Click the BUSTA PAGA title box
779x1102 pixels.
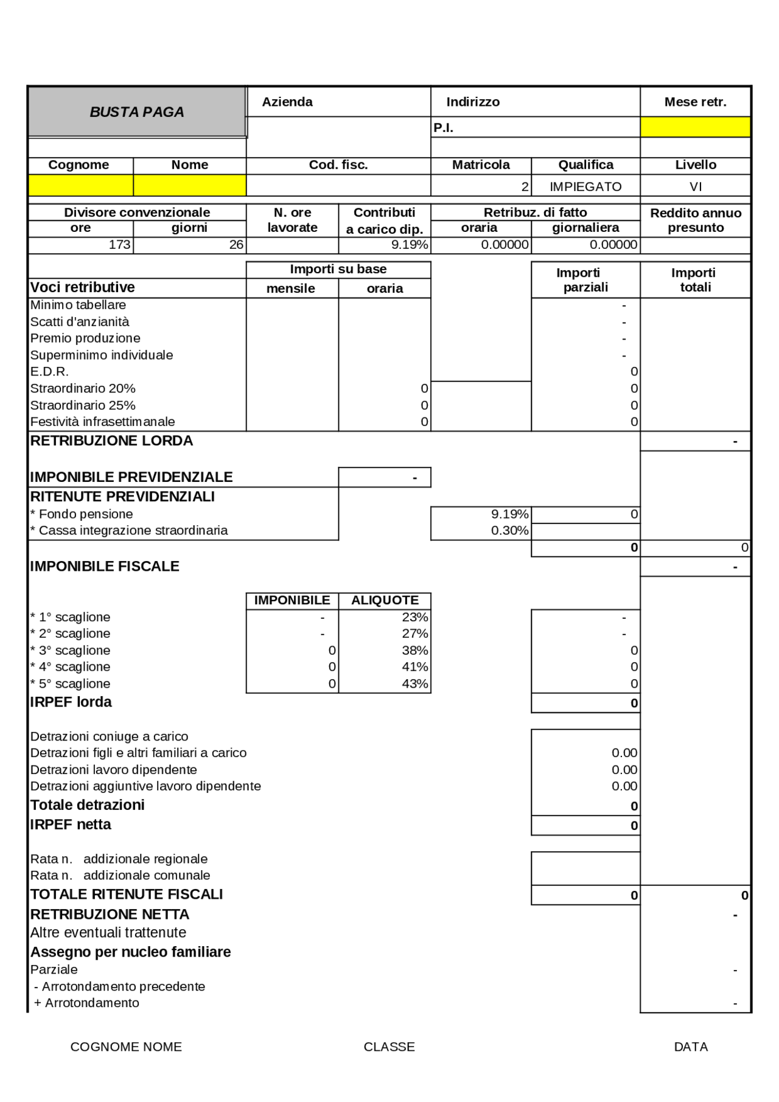(137, 112)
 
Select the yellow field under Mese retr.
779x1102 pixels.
(695, 127)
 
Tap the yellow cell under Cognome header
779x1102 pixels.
(80, 186)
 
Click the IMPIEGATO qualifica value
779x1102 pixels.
(585, 187)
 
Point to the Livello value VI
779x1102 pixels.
(695, 187)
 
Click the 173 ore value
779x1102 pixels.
(119, 245)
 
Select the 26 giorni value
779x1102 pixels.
(236, 245)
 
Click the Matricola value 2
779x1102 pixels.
(525, 187)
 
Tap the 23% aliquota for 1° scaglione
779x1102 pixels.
(414, 617)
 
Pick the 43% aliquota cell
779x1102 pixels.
(414, 684)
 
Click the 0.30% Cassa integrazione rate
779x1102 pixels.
(509, 531)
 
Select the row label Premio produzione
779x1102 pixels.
(85, 338)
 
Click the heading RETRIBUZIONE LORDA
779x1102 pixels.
(111, 441)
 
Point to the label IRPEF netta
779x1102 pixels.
(71, 825)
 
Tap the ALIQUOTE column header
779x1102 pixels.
(385, 601)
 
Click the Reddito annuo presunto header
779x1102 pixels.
(695, 220)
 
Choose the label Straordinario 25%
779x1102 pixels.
(83, 405)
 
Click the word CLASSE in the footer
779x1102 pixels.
(389, 1047)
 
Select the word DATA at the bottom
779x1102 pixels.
(690, 1047)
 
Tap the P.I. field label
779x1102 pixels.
(443, 128)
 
